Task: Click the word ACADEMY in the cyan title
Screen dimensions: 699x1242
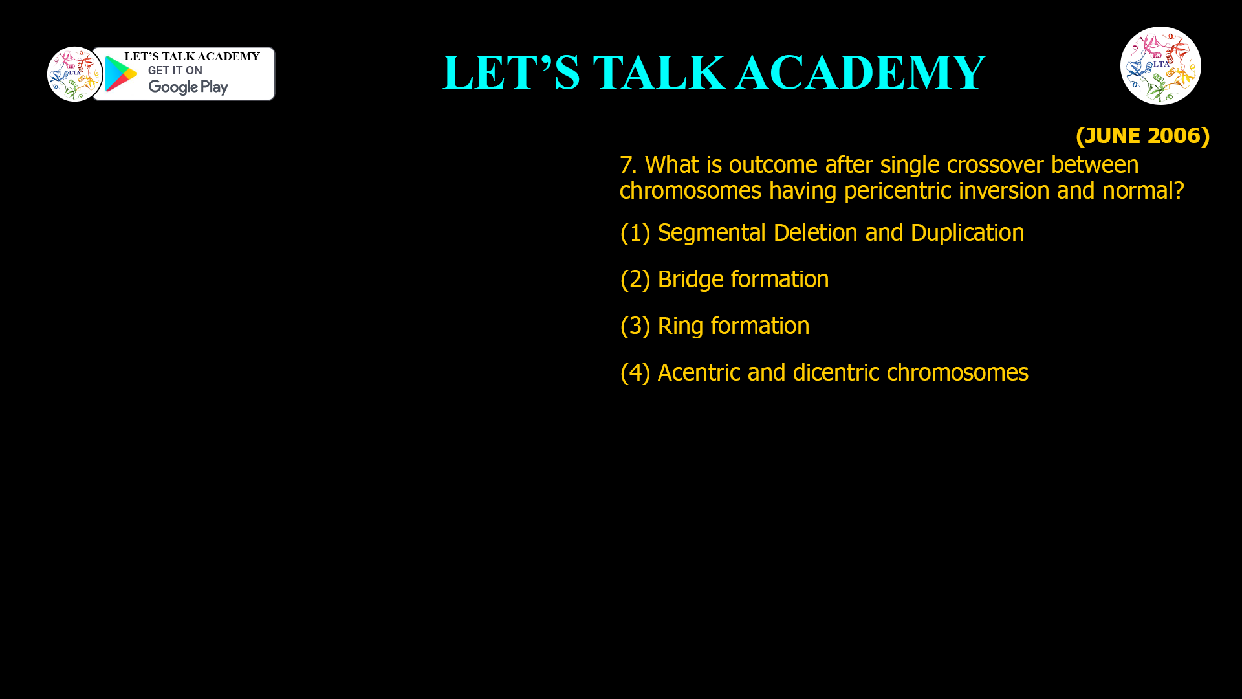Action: point(860,72)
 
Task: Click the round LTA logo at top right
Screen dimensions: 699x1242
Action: point(1160,65)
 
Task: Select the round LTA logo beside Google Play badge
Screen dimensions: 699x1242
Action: point(75,74)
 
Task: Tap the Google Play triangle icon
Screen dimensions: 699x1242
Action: point(120,74)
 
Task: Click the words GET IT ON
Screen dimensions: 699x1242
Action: point(175,71)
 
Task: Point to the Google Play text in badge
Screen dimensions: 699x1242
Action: point(188,87)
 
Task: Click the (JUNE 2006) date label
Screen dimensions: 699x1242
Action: point(1142,135)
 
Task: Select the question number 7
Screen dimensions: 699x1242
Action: point(627,165)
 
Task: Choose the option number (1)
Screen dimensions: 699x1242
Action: point(635,233)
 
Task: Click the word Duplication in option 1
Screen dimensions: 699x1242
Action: point(967,233)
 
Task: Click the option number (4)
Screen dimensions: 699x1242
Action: point(635,373)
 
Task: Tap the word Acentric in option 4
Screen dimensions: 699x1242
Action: point(699,373)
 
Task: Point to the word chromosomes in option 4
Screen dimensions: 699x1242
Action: point(957,373)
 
